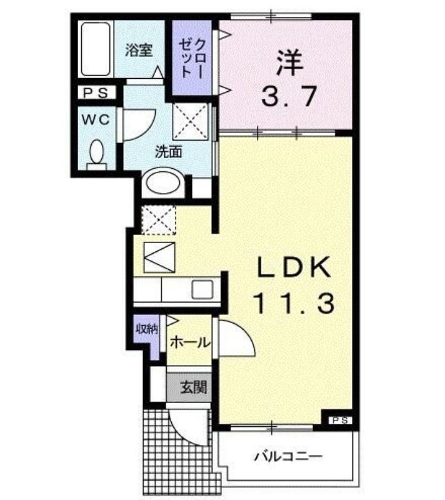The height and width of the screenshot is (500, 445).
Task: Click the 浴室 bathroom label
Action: (x=139, y=50)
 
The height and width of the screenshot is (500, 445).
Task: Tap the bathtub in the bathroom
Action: (x=95, y=49)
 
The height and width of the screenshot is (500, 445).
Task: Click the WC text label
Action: (x=96, y=119)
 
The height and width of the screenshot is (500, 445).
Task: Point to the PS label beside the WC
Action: (x=96, y=92)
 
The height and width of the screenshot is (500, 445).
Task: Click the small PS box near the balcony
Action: (x=341, y=420)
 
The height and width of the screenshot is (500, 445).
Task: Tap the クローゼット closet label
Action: (x=192, y=58)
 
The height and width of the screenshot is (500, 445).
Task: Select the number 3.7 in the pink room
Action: (x=289, y=96)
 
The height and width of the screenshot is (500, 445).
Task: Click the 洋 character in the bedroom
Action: (x=289, y=62)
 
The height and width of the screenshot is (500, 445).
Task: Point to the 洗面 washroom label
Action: (x=169, y=151)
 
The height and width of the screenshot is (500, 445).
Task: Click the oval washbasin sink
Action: (x=162, y=182)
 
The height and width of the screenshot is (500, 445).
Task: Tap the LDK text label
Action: (x=294, y=267)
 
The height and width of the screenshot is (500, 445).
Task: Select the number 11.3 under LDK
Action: (x=294, y=303)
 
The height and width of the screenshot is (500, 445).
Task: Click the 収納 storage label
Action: (x=147, y=329)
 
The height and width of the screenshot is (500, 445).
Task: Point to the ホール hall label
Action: (x=190, y=342)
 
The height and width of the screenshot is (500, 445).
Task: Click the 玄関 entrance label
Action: (x=194, y=387)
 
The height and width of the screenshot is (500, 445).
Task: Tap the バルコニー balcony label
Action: (x=288, y=457)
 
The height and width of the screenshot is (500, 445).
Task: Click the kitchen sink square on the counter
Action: (x=202, y=289)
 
